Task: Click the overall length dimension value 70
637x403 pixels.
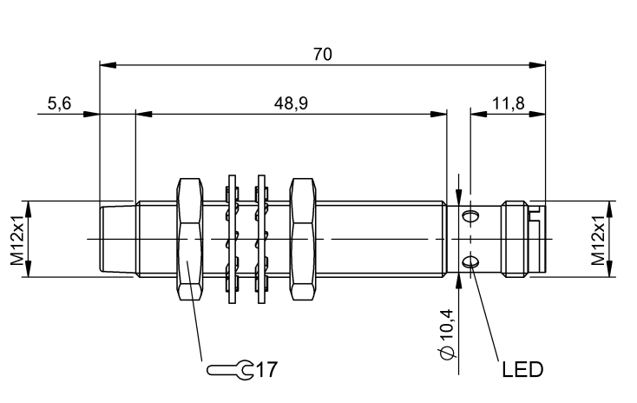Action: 323,54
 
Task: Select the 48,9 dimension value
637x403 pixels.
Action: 291,103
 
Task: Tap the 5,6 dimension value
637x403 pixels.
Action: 59,103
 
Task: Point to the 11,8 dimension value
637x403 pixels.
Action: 509,103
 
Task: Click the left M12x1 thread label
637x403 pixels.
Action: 17,238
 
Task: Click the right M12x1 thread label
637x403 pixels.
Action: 598,238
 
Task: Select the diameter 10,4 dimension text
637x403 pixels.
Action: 446,334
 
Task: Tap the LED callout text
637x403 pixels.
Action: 522,370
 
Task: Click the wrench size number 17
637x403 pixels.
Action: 267,370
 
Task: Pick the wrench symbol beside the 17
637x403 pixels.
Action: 230,370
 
